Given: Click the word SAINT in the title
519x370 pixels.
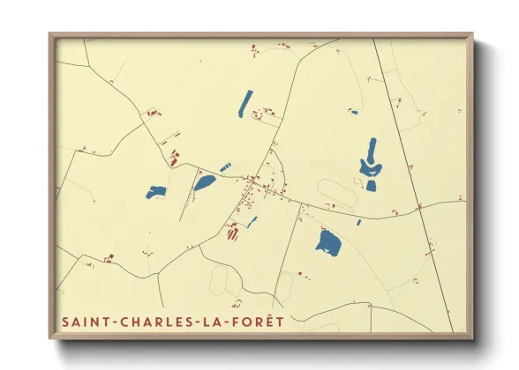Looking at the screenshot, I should [x=84, y=322].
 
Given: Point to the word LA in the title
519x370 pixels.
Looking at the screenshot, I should [x=211, y=322].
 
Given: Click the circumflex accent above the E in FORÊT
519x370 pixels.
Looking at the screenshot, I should [x=267, y=315].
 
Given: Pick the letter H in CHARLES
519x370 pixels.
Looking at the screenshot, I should [x=130, y=322].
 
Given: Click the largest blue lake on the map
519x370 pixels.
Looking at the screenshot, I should [x=329, y=242].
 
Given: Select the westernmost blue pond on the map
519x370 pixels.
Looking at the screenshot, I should [x=156, y=191].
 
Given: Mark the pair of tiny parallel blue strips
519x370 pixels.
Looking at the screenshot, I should [x=225, y=166].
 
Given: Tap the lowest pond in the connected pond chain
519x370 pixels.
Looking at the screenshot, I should [x=371, y=186].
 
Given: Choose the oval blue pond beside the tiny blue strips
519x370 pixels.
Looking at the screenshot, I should [x=204, y=182].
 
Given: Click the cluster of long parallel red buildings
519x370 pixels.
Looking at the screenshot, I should [x=233, y=233].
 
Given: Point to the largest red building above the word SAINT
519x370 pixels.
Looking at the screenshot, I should [x=110, y=258].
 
